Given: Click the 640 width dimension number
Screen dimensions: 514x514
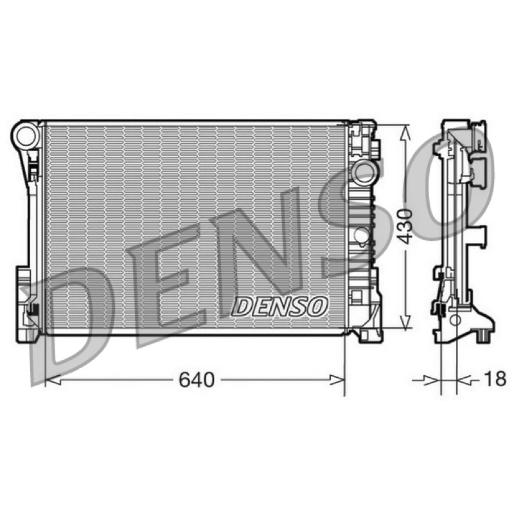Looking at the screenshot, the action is [x=197, y=380].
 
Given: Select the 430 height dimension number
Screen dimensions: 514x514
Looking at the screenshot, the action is [x=405, y=226].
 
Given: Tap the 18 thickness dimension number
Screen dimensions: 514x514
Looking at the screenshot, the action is [x=495, y=378].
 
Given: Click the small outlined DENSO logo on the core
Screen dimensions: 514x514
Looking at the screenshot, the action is [x=279, y=307].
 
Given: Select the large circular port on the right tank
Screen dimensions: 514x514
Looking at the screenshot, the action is [x=364, y=172].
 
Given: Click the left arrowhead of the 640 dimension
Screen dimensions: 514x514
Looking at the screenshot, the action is [x=53, y=380].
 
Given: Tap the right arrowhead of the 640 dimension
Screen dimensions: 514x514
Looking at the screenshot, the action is [x=337, y=380].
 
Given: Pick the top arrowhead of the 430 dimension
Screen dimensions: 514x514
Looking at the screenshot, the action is [x=406, y=133].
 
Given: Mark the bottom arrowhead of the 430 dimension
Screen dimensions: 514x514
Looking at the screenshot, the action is [x=406, y=321].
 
